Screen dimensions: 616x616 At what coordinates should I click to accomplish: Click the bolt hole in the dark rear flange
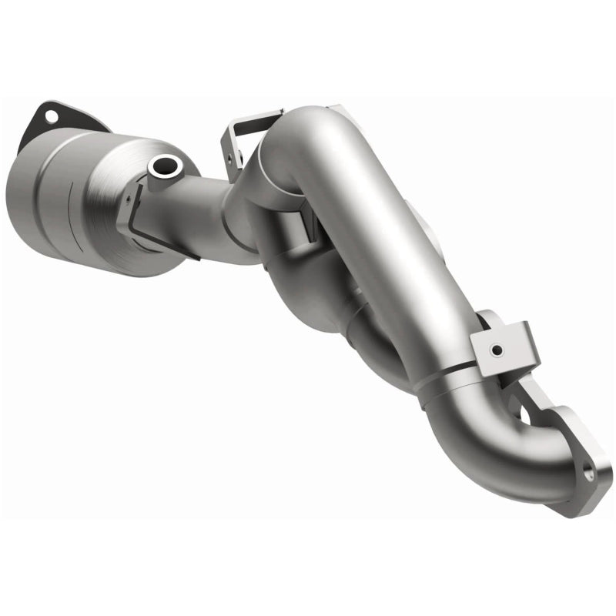point(52,116)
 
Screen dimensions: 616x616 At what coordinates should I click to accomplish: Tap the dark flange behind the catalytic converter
point(73,123)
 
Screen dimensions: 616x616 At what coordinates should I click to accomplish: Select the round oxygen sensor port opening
point(165,164)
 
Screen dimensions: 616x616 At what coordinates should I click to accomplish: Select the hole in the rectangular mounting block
point(496,350)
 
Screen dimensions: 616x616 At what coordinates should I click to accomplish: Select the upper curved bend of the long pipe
point(308,139)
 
